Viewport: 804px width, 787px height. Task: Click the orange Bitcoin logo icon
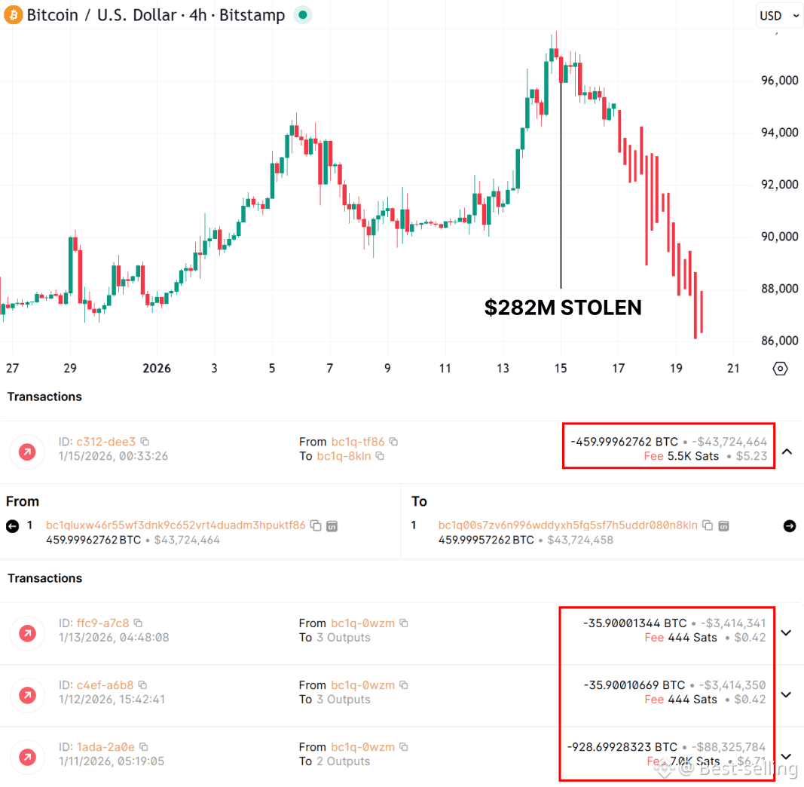[x=14, y=15]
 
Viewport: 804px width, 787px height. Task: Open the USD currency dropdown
[x=779, y=16]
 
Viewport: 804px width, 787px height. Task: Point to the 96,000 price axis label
[x=779, y=81]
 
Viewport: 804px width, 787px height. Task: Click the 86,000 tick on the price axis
[x=779, y=341]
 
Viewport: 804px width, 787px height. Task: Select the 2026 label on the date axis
[x=157, y=369]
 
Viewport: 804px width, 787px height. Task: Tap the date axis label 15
[x=560, y=369]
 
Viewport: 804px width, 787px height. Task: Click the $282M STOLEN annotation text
[x=563, y=308]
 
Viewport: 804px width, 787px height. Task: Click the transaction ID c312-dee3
[x=106, y=442]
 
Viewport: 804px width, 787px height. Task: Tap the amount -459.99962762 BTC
[x=625, y=442]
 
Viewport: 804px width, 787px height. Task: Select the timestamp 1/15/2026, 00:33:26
[x=113, y=456]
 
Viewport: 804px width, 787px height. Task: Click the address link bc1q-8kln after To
[x=344, y=456]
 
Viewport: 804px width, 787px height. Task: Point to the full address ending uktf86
[x=176, y=525]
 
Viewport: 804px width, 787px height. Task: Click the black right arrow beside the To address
[x=789, y=526]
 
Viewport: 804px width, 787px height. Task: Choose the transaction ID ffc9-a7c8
[x=102, y=623]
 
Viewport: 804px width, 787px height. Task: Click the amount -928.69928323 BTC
[x=622, y=747]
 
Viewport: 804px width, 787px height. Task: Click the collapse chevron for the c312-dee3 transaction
[x=787, y=452]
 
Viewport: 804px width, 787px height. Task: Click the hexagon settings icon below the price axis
[x=780, y=369]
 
